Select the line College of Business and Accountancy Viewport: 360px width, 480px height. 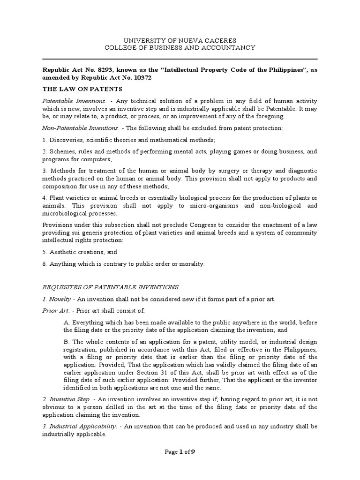point(180,47)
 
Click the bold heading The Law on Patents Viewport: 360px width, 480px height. point(82,89)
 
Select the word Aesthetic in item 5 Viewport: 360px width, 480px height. point(63,252)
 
